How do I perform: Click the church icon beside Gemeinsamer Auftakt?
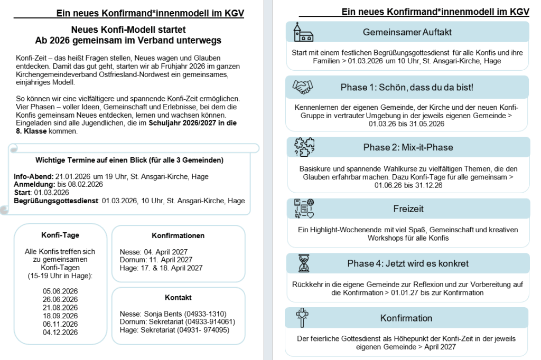click(303, 32)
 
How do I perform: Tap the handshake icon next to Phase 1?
click(303, 87)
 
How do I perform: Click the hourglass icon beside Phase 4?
click(303, 263)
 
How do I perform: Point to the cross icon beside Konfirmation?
click(303, 318)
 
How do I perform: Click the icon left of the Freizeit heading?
click(304, 209)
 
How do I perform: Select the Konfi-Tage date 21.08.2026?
click(60, 307)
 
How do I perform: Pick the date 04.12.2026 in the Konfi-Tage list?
click(60, 333)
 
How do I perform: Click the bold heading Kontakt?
click(178, 298)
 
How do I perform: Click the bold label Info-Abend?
click(33, 176)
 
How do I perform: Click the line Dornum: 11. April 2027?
click(156, 260)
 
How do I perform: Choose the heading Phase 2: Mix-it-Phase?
click(408, 147)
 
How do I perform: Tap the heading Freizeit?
click(408, 209)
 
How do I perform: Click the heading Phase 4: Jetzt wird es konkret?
click(408, 263)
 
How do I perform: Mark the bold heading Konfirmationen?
click(178, 235)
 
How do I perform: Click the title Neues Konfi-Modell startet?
click(128, 30)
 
